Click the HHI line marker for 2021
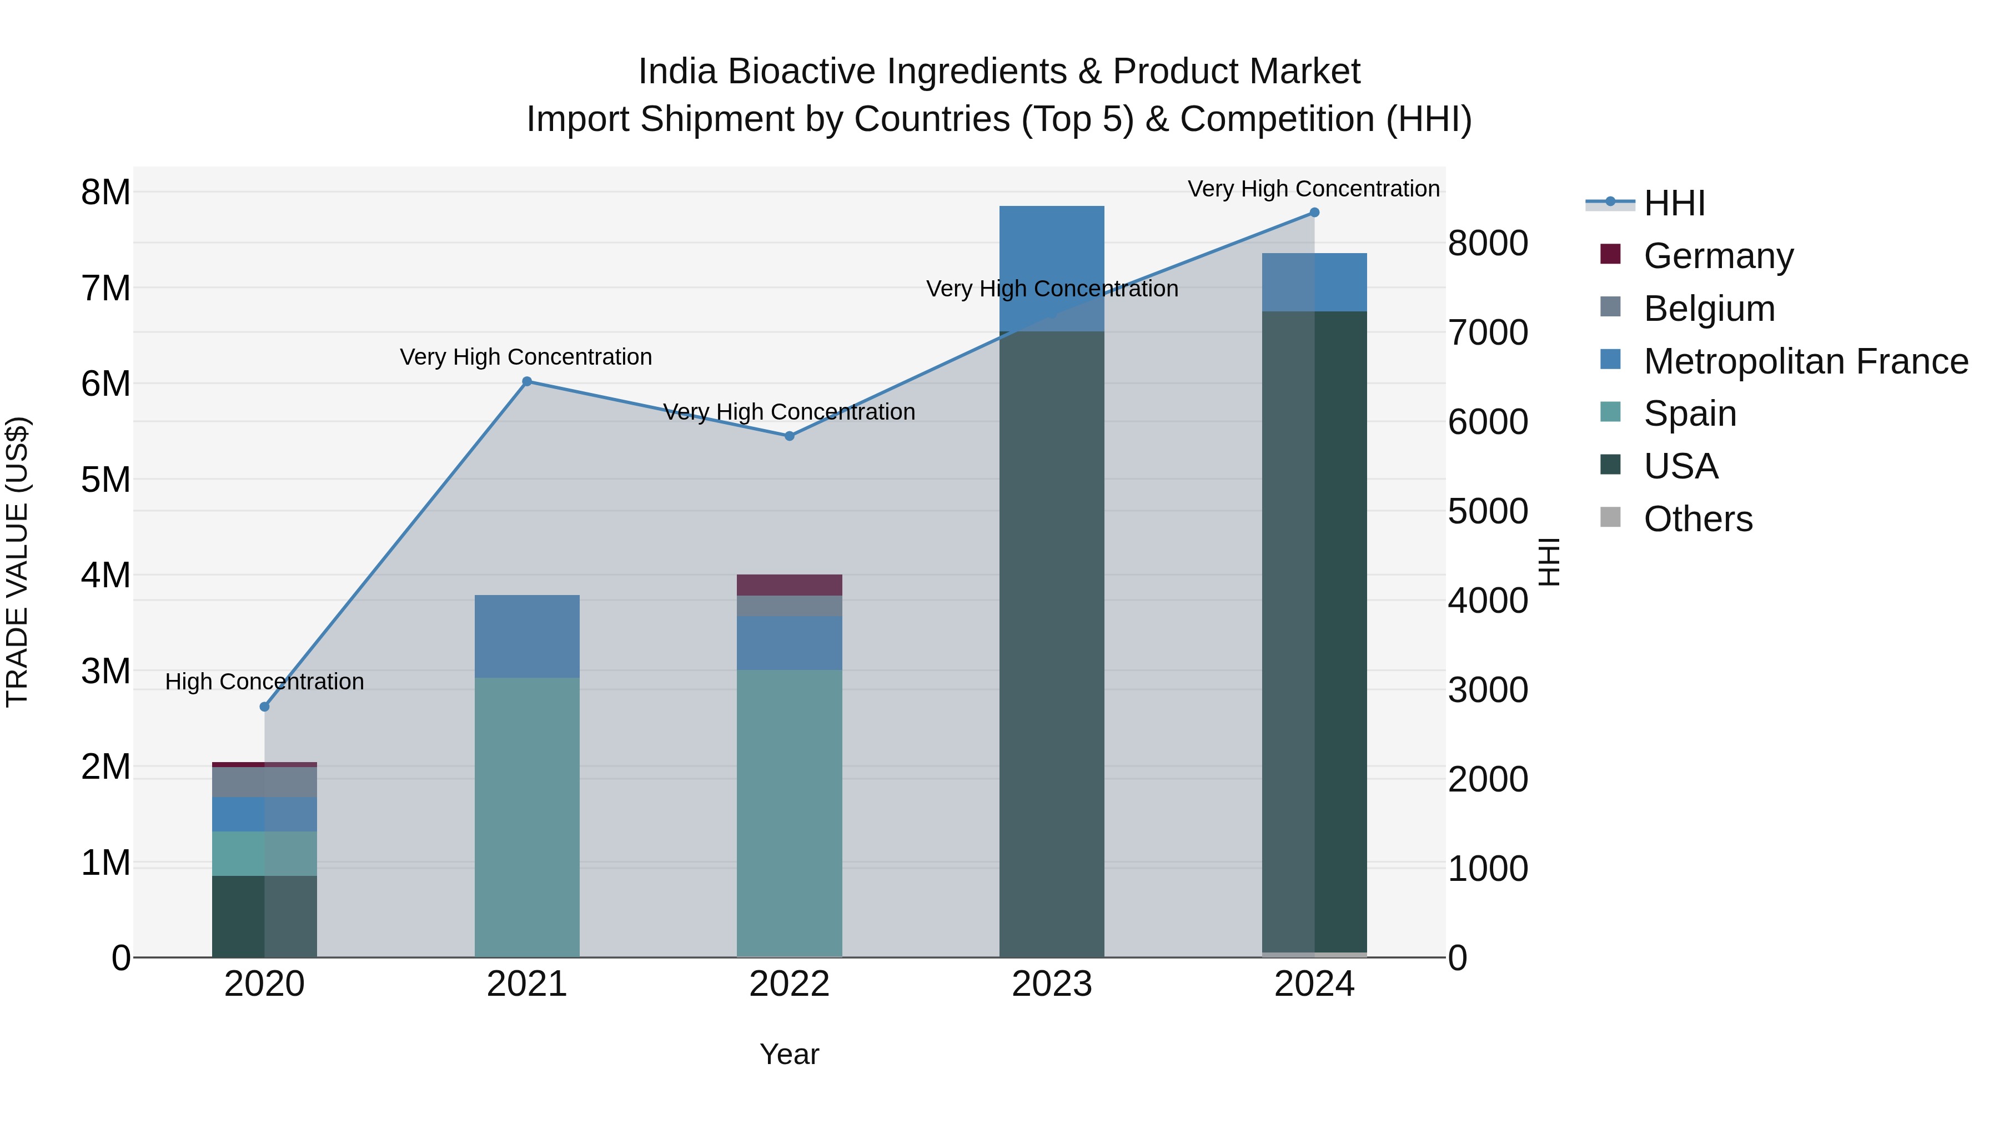point(527,381)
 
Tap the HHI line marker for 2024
point(1314,212)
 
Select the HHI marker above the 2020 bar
point(265,707)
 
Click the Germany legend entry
point(1718,256)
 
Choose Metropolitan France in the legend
point(1805,361)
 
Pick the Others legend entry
point(1698,519)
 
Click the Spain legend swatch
point(1610,412)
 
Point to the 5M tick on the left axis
point(106,480)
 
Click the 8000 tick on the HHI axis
point(1488,243)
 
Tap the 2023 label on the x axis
point(1052,984)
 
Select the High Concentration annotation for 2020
point(265,682)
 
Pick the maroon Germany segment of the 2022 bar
point(789,585)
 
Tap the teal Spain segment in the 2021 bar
point(527,814)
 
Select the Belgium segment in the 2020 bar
point(265,782)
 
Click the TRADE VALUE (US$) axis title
point(17,562)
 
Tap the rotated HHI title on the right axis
point(1549,562)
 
